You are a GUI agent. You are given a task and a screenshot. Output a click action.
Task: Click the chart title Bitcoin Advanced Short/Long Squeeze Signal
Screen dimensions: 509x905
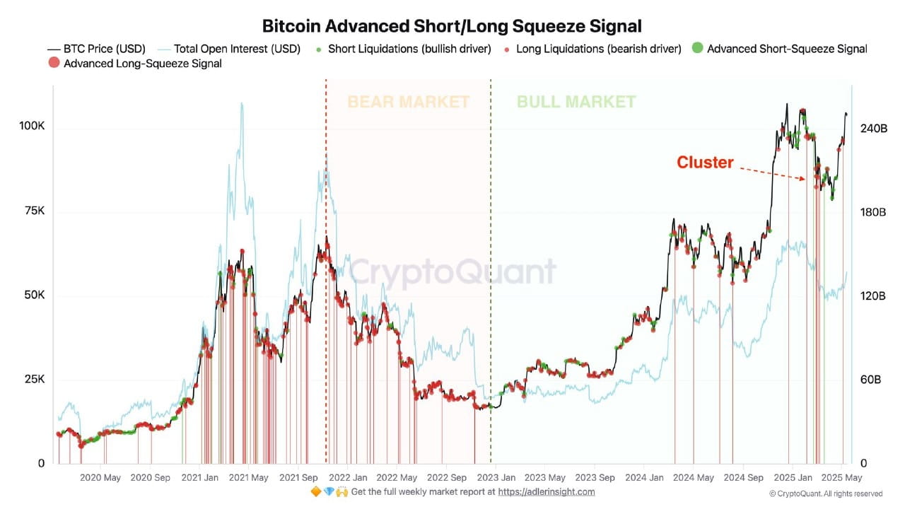click(x=452, y=27)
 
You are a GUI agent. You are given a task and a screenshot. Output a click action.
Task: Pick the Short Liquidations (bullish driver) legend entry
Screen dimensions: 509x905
click(x=403, y=49)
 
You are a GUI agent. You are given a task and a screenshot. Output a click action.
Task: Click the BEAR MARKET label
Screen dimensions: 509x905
click(x=408, y=102)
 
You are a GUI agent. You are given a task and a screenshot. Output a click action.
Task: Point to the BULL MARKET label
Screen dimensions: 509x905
click(x=576, y=102)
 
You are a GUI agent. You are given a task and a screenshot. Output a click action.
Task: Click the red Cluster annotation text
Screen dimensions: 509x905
click(x=705, y=162)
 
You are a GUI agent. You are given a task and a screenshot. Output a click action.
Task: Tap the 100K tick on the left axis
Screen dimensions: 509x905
click(x=32, y=126)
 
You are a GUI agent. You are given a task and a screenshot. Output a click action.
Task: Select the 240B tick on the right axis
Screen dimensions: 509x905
click(x=873, y=129)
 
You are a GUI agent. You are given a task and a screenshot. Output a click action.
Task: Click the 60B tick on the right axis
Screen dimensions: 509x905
click(x=870, y=380)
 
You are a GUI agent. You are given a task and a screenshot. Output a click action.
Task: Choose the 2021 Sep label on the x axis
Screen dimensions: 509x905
click(x=301, y=478)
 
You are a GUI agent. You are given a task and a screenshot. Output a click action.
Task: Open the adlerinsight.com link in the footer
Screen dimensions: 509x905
click(x=546, y=492)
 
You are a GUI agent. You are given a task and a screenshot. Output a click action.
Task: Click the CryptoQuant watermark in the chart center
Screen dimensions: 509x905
click(x=452, y=272)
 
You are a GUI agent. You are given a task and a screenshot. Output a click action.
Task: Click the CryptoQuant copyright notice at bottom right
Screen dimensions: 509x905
click(x=826, y=493)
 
